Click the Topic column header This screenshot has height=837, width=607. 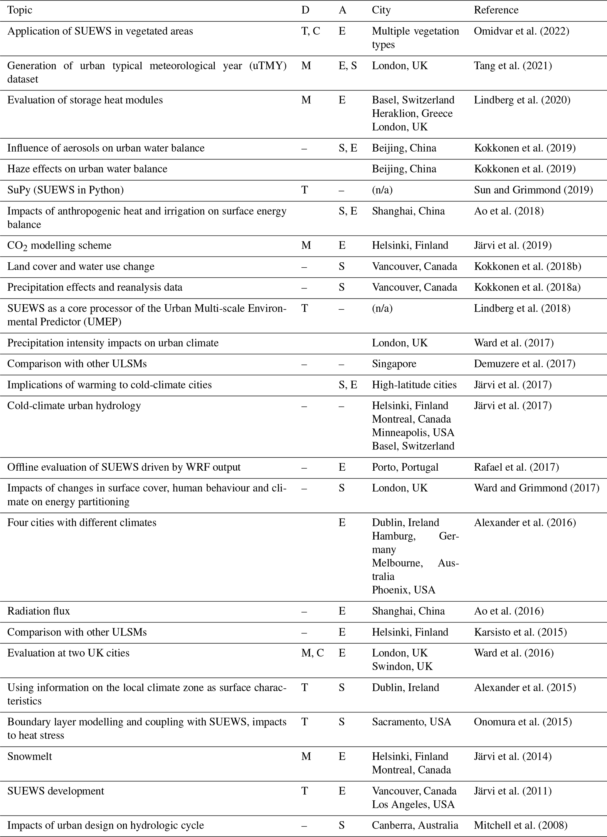tap(20, 10)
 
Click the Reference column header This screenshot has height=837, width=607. tap(496, 10)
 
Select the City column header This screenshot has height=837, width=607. tap(381, 10)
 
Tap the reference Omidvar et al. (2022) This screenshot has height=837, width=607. tap(521, 31)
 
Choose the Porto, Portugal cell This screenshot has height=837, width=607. tap(405, 467)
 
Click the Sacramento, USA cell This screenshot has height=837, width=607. tap(411, 722)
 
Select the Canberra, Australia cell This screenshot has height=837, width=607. tap(415, 825)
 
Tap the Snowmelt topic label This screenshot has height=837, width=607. tap(30, 756)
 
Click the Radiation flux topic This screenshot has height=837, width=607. tap(38, 611)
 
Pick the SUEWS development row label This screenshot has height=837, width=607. tap(55, 791)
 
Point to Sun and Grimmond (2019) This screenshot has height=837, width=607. tap(533, 190)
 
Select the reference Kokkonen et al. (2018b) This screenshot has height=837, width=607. tap(527, 266)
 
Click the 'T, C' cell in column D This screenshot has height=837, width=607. tap(311, 31)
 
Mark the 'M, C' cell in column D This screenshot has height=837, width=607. tap(312, 653)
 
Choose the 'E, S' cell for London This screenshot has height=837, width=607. tap(348, 66)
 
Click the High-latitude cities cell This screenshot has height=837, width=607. tap(414, 385)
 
